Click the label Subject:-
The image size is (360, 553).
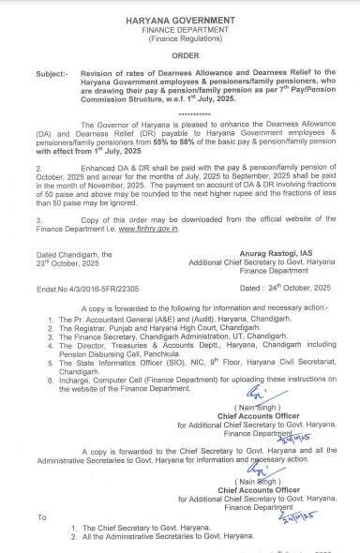click(38, 74)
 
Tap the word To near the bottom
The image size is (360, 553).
click(38, 516)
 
